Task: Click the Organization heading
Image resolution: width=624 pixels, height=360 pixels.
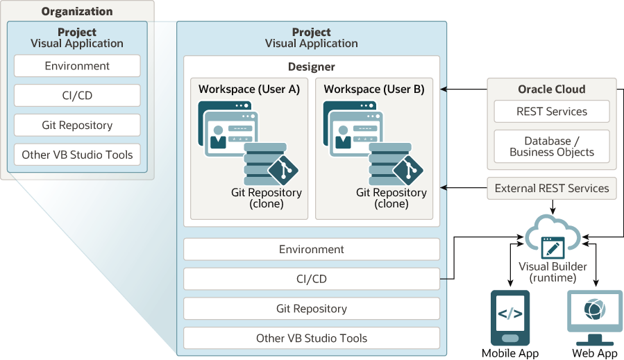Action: (x=76, y=11)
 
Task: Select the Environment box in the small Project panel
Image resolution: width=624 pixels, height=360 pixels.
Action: (x=77, y=66)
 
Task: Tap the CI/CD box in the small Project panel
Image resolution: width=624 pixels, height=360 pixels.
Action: (x=77, y=96)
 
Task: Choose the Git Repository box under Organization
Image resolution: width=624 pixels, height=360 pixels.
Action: (x=77, y=126)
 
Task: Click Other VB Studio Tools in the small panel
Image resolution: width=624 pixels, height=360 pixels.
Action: (x=77, y=155)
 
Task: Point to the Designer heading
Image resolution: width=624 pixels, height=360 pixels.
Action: (x=311, y=67)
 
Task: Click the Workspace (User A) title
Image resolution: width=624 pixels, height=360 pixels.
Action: (x=248, y=89)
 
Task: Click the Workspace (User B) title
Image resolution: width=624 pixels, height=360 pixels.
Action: (x=374, y=89)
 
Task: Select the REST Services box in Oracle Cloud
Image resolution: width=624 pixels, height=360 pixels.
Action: (x=552, y=112)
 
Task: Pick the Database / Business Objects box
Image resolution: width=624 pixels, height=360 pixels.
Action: (x=552, y=146)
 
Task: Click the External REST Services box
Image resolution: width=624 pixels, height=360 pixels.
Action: (x=552, y=188)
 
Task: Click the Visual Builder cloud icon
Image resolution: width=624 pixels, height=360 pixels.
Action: (x=553, y=237)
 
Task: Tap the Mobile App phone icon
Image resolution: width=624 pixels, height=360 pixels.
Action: (x=510, y=316)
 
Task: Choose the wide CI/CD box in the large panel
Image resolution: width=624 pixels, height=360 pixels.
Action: (x=311, y=279)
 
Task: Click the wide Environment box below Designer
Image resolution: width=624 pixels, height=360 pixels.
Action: (x=311, y=249)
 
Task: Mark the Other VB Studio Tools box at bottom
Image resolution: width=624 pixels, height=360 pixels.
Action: (x=311, y=338)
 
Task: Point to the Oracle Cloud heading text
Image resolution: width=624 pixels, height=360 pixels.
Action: (x=552, y=89)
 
